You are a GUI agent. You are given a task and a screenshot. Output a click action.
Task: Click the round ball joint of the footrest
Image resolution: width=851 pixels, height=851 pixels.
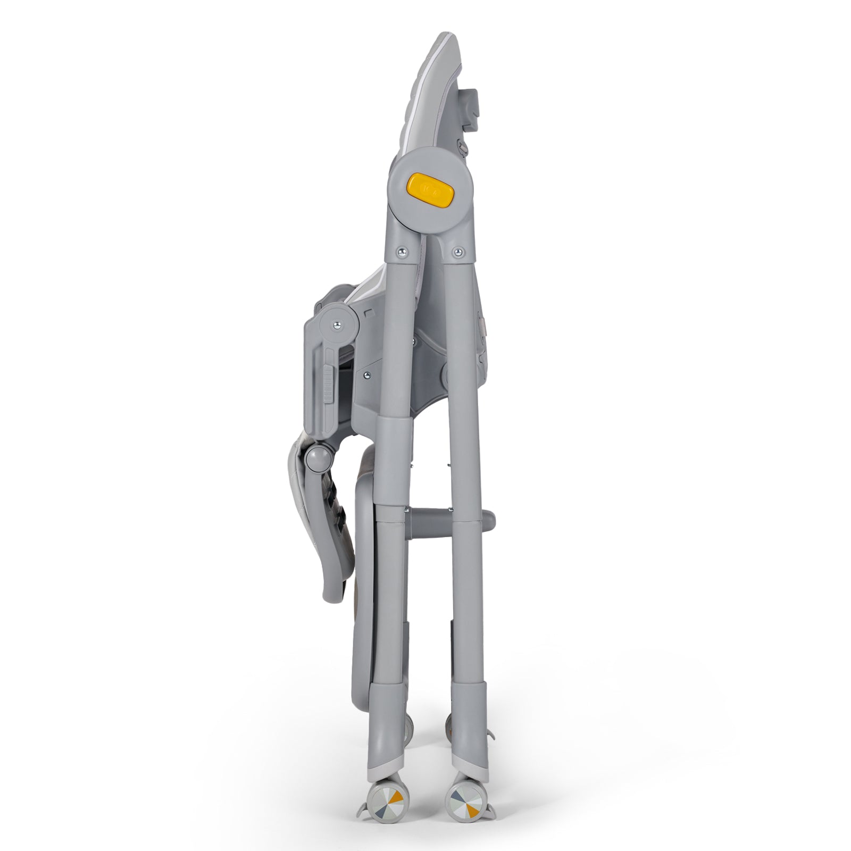click(x=318, y=459)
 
